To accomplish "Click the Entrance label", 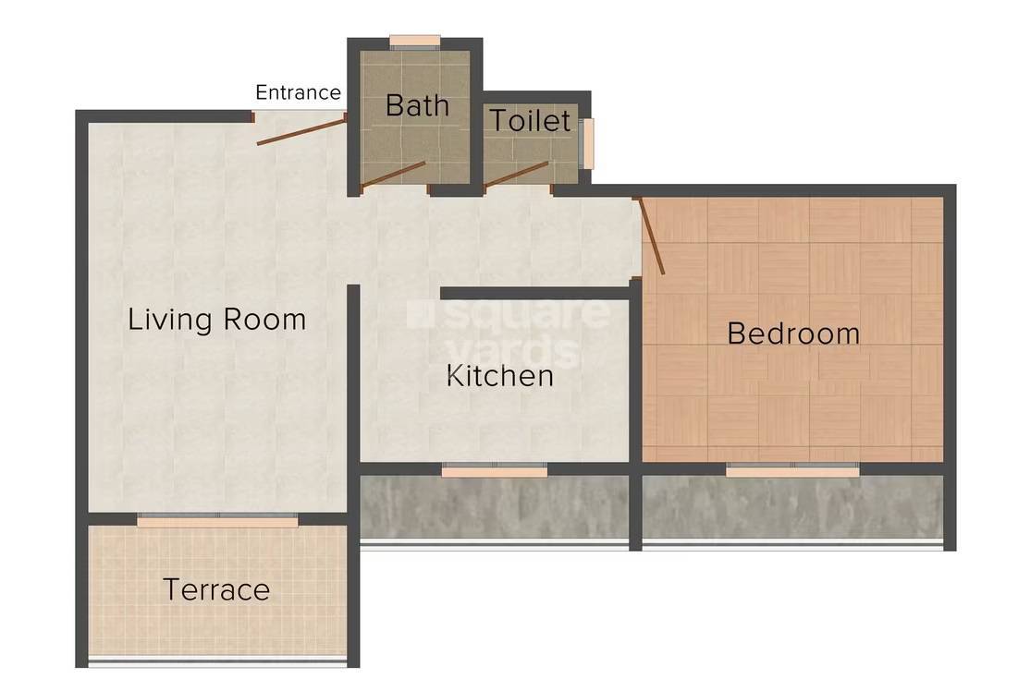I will (298, 92).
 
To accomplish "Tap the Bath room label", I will (417, 105).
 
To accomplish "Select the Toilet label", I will (530, 120).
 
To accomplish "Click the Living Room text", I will (216, 320).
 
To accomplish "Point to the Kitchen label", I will (500, 376).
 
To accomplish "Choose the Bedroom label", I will (793, 333).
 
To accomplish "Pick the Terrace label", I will (216, 588).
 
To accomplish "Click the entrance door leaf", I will (301, 130).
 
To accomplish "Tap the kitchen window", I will (494, 471).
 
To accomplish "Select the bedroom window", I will (791, 471).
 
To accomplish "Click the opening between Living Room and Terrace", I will (217, 522).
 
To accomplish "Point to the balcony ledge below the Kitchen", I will (494, 507).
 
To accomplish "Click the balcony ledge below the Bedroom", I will (792, 507).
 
